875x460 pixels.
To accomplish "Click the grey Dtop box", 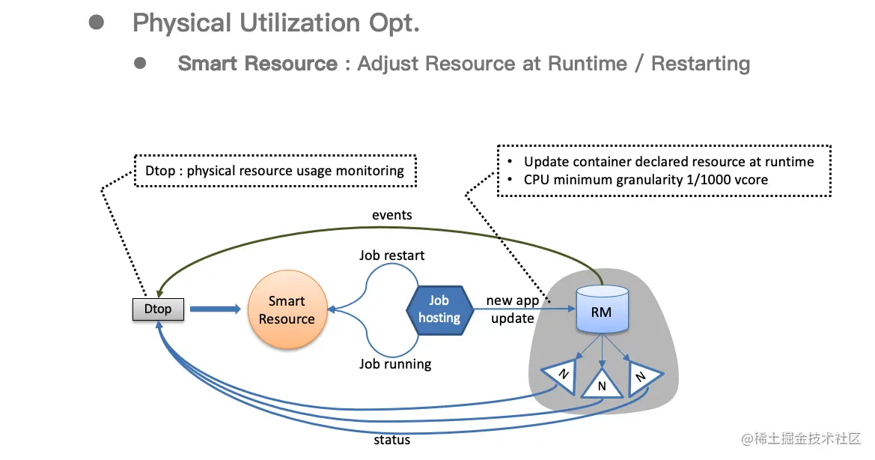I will coord(158,309).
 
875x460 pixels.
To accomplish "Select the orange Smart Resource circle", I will coord(287,309).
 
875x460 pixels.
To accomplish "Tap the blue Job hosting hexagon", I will coord(439,309).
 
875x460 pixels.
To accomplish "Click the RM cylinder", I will coord(601,310).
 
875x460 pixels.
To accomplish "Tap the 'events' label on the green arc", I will coord(391,215).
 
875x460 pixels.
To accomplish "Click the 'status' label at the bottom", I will coord(391,440).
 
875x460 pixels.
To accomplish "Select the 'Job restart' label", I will coord(391,255).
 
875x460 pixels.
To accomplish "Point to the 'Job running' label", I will coord(395,364).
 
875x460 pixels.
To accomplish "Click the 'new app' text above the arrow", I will coord(512,300).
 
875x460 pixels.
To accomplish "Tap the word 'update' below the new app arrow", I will coord(512,318).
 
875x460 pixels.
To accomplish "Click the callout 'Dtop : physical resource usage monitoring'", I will coord(275,170).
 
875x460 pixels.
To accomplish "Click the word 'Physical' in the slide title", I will coord(182,23).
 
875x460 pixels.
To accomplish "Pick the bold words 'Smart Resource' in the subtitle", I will coord(257,64).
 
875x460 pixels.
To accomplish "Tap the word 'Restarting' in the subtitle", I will coord(701,64).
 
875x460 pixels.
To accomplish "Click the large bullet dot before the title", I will coord(96,22).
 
